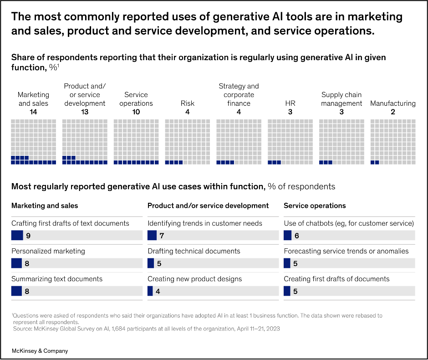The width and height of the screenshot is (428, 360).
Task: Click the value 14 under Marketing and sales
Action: pyautogui.click(x=33, y=112)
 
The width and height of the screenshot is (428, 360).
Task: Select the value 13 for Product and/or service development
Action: pyautogui.click(x=85, y=112)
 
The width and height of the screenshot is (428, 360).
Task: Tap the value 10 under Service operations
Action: pyautogui.click(x=136, y=112)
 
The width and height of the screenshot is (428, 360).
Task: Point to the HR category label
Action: pyautogui.click(x=290, y=103)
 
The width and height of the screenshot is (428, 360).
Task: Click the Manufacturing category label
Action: pyautogui.click(x=392, y=103)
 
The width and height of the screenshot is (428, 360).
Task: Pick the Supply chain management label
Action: pyautogui.click(x=341, y=99)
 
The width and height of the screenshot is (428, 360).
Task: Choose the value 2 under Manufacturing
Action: pyautogui.click(x=392, y=112)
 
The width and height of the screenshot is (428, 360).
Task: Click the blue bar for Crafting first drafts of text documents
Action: pyautogui.click(x=17, y=235)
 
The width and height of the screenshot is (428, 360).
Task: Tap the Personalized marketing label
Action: pyautogui.click(x=48, y=251)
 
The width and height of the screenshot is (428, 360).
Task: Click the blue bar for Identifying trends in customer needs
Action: pyautogui.click(x=152, y=235)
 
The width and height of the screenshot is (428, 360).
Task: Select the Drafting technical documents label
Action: pyautogui.click(x=194, y=251)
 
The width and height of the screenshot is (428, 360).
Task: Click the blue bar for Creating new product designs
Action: pyautogui.click(x=150, y=291)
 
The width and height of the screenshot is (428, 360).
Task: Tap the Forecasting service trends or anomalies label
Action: pyautogui.click(x=346, y=251)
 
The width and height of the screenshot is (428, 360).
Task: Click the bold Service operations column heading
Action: pyautogui.click(x=315, y=206)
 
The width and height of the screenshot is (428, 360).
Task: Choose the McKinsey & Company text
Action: pyautogui.click(x=40, y=351)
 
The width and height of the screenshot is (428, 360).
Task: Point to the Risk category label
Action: pyautogui.click(x=188, y=103)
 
